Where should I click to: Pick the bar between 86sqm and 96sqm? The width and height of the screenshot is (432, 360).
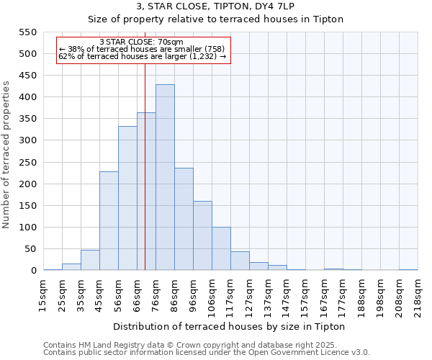[x=184, y=220]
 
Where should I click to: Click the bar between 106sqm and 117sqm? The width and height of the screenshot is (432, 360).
[x=221, y=248]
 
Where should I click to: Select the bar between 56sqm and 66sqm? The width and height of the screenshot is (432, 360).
[x=127, y=199]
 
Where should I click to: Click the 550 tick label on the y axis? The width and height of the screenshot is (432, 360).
[x=27, y=32]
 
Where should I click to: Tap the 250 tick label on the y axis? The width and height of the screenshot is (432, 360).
[x=27, y=163]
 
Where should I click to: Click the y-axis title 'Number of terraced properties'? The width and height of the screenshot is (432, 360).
[x=6, y=155]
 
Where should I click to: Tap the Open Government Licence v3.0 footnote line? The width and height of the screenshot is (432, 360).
[x=206, y=353]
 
